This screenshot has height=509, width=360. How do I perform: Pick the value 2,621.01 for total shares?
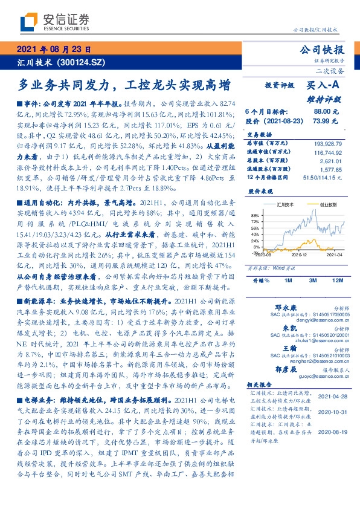332,161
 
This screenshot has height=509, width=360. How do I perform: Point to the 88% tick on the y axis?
256,215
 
